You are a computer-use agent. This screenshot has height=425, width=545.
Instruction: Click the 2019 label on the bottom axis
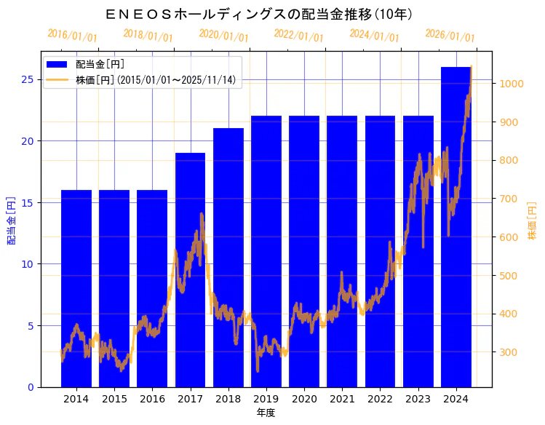[x=266, y=399]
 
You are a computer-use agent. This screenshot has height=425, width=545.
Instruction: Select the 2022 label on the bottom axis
[x=380, y=399]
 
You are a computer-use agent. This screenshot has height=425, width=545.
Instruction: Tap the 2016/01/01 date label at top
[x=71, y=35]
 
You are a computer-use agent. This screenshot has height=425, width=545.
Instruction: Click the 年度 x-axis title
[x=266, y=413]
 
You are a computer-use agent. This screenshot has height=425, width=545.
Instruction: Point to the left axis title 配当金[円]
[x=11, y=220]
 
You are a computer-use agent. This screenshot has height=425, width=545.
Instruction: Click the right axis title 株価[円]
[x=533, y=221]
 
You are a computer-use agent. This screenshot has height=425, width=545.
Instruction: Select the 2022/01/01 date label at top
[x=298, y=35]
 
